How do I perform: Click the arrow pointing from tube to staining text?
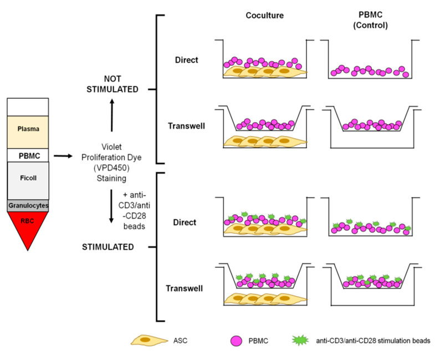click(65, 156)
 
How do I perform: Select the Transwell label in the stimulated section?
click(184, 288)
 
